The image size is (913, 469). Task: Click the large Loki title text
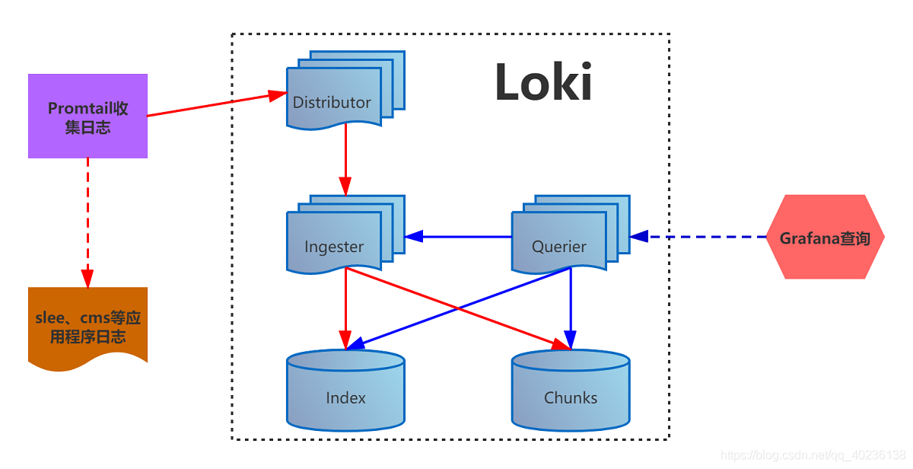[x=543, y=82]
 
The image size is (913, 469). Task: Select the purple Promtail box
[x=87, y=116]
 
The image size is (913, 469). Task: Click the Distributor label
[x=332, y=102]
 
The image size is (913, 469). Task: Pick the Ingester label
[x=334, y=247]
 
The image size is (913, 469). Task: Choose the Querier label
[x=558, y=247]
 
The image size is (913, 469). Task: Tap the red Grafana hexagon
[x=825, y=238]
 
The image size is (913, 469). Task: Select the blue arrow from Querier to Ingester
[x=464, y=237]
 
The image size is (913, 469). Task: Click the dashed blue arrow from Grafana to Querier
[x=708, y=237]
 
